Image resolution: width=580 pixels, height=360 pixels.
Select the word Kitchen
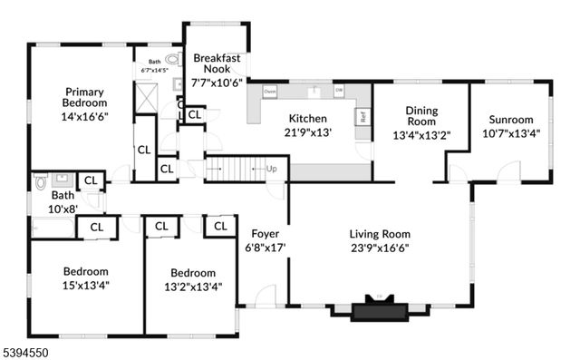point(307,118)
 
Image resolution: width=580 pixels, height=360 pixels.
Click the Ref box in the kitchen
point(362,116)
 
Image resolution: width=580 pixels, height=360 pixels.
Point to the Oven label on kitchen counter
point(270,92)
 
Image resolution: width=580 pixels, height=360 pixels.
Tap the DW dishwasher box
point(338,92)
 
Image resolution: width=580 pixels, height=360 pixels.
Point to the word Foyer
point(266,231)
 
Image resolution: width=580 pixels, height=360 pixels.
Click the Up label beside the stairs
point(271,169)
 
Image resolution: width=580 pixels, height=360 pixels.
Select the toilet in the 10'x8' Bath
point(40,182)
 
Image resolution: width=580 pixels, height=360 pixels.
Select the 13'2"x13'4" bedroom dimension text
point(192,287)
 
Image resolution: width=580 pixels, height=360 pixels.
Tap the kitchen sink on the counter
point(314,91)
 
